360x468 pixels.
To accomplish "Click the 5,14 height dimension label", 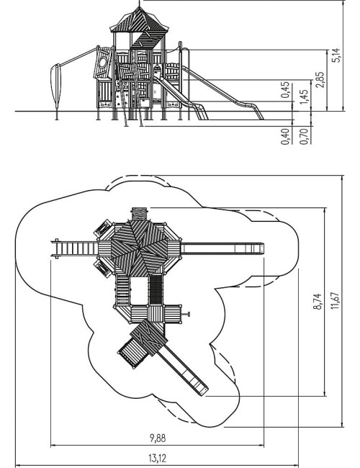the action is coord(336,55).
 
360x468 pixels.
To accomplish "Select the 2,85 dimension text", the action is coord(320,79).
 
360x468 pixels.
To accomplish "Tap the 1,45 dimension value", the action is coord(304,97).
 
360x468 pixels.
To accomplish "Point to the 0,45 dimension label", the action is coord(285,89).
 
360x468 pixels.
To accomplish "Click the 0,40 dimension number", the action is coord(285,137).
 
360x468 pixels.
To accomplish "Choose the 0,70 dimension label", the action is coord(304,137).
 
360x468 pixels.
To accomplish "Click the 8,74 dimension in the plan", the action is coord(318,302).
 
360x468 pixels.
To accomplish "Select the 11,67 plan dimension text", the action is coord(336,300).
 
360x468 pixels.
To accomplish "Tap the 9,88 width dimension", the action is coord(157,438).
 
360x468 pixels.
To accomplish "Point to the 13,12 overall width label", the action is coord(157,458).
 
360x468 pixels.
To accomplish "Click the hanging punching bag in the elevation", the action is coord(56,86).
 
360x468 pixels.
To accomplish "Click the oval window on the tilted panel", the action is coord(102,63).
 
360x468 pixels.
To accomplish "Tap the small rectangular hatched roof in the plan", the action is coord(148,338).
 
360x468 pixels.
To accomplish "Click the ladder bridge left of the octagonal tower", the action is coord(75,248).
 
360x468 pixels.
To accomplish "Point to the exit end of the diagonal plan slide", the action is coord(204,391).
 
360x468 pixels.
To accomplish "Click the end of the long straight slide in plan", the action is coord(261,248).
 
